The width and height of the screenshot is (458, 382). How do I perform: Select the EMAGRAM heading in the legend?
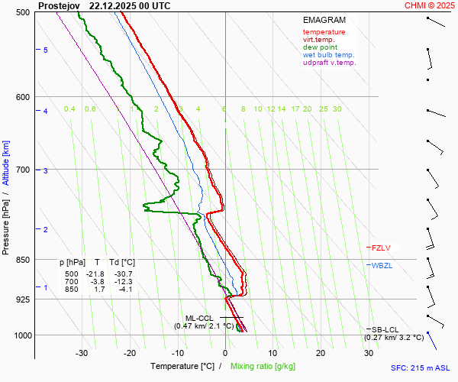pos(324,21)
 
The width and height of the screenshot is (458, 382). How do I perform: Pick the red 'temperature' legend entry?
pos(324,32)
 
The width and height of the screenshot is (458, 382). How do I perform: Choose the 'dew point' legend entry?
pos(320,47)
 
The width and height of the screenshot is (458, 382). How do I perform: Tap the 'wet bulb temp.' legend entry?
pos(328,55)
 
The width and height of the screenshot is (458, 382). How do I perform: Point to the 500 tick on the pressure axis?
pos(23,12)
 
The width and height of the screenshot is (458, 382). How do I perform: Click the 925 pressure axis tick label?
pos(23,299)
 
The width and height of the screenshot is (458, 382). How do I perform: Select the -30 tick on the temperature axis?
pos(82,353)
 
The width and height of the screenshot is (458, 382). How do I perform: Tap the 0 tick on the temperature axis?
pos(225,353)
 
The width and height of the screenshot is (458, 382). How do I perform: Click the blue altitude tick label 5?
pos(46,50)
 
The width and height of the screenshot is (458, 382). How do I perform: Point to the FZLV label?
pos(381,248)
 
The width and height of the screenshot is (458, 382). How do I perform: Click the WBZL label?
pos(382,265)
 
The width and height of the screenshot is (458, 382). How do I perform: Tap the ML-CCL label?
pos(199,318)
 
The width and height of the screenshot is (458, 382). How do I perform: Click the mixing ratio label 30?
pos(337,109)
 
